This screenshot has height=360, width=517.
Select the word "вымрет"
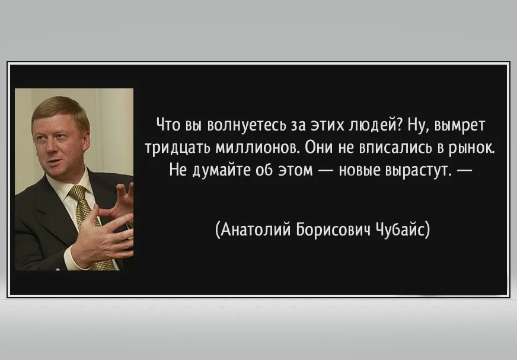[460, 126]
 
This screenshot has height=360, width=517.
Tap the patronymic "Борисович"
[333, 230]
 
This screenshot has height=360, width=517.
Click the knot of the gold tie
[78, 193]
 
